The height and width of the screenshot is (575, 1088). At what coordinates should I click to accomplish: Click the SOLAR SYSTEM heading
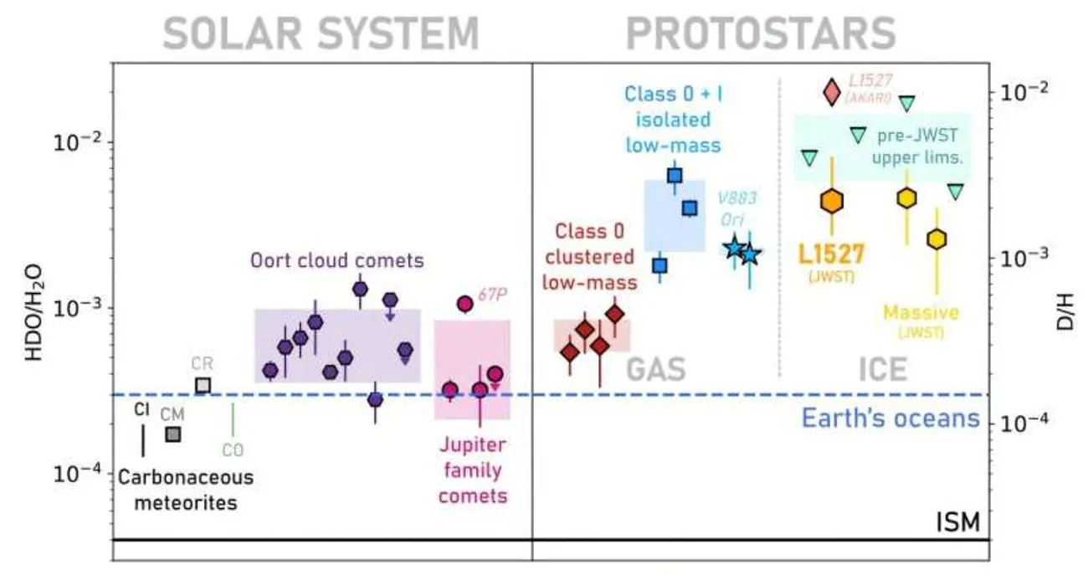click(x=321, y=34)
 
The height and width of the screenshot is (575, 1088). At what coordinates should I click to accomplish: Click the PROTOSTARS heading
click(x=761, y=34)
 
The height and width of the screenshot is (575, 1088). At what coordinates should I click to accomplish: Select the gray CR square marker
click(x=203, y=385)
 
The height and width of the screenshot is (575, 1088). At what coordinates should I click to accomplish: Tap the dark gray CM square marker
click(x=172, y=434)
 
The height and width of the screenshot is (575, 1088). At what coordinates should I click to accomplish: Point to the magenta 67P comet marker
click(x=464, y=304)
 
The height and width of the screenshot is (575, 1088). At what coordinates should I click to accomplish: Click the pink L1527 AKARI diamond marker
click(x=831, y=91)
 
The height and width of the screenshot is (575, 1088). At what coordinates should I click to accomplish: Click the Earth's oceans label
click(x=890, y=417)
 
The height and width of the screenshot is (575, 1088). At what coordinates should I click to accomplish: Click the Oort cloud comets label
click(x=337, y=261)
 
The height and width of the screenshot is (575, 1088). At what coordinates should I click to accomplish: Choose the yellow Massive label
click(x=921, y=313)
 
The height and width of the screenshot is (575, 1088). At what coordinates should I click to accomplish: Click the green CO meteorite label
click(x=233, y=450)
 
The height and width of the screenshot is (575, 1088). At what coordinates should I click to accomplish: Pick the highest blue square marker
click(x=675, y=176)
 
